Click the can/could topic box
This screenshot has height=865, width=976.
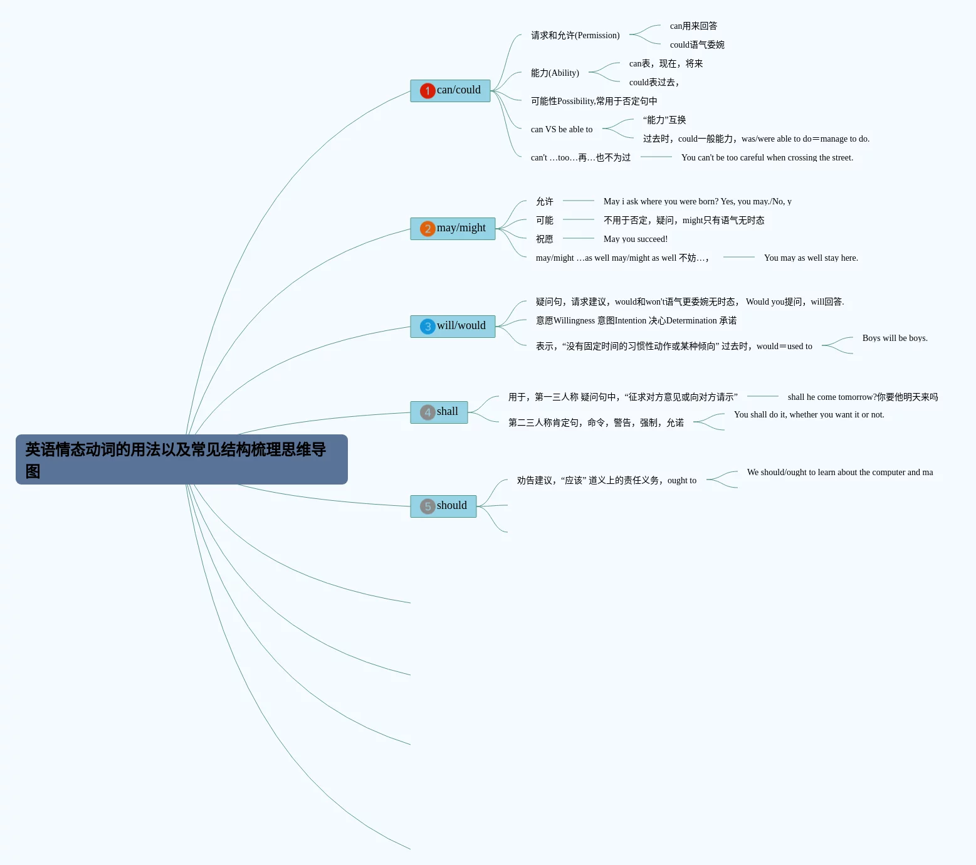[x=450, y=91]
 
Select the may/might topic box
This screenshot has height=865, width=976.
[x=453, y=229]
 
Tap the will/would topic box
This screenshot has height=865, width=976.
[x=453, y=327]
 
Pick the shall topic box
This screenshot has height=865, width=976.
[x=439, y=412]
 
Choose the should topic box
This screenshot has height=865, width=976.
[x=443, y=506]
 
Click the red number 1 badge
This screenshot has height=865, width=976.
[x=428, y=91]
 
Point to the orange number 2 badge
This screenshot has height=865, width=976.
[x=428, y=229]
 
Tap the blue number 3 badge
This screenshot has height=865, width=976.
[x=428, y=327]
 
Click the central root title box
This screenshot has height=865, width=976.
[x=182, y=459]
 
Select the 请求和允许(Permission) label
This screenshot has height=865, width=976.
[x=575, y=36]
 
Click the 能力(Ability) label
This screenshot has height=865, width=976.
[x=555, y=73]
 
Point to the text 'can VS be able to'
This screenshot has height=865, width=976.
[x=562, y=130]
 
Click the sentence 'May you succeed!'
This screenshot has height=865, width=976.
[x=636, y=239]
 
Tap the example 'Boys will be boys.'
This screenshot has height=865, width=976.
[x=895, y=338]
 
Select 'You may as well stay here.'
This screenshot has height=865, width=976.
[x=811, y=258]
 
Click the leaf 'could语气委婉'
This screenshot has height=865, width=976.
[x=697, y=45]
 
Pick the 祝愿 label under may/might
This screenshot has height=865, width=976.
[x=545, y=239]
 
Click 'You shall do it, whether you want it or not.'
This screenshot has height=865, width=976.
[x=809, y=415]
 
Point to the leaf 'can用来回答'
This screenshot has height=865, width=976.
[x=694, y=26]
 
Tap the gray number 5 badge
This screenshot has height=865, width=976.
[x=428, y=506]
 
